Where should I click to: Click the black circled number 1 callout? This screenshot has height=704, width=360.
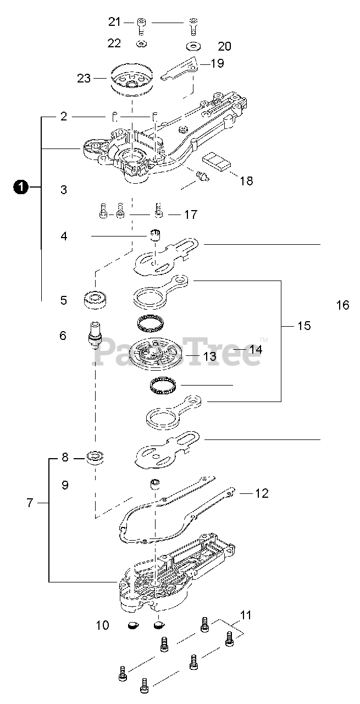tap(21, 188)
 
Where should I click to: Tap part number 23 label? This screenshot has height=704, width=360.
tap(84, 78)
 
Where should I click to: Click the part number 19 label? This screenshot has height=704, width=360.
tap(217, 63)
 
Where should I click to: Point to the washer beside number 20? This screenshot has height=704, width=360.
tap(193, 45)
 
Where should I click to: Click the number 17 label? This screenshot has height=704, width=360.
tap(191, 214)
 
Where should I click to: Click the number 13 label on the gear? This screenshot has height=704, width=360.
tap(210, 356)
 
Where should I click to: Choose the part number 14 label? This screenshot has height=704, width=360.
tap(256, 349)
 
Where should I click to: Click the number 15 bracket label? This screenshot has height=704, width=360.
tap(304, 326)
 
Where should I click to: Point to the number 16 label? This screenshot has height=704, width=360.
tap(342, 305)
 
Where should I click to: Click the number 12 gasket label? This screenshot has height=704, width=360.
tap(262, 493)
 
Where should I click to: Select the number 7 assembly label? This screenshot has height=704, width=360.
tap(30, 502)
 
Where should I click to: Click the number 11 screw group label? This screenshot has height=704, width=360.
tap(246, 614)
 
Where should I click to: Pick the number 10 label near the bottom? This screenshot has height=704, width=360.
tap(102, 625)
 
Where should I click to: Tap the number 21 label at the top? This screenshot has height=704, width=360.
tap(114, 22)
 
